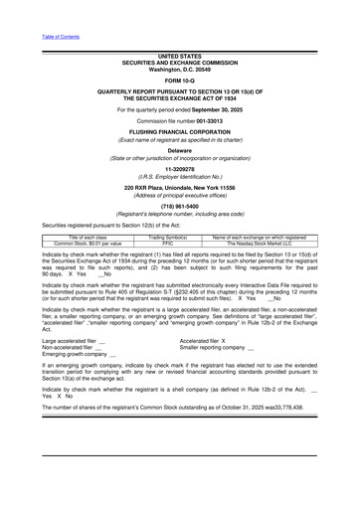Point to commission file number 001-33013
[219, 122]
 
